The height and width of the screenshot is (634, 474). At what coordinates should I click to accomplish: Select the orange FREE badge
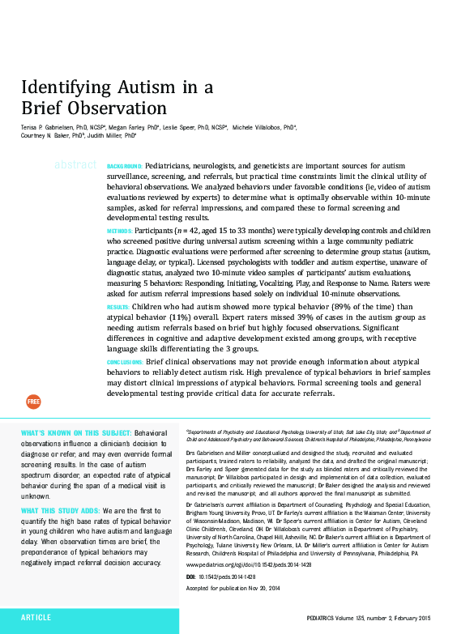[x=33, y=402]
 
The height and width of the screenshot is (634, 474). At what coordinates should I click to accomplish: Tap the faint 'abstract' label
[x=75, y=165]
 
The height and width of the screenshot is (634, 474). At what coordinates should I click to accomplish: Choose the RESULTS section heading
[x=118, y=308]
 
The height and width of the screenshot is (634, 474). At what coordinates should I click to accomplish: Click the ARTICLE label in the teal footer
[x=36, y=617]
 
